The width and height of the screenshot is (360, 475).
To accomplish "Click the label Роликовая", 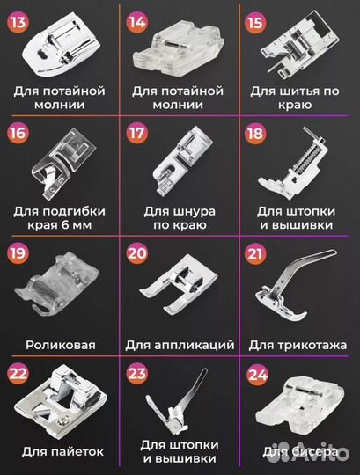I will click(x=60, y=346).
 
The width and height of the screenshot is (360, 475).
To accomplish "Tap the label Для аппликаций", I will click(x=180, y=346).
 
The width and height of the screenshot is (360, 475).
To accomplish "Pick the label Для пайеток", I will click(x=60, y=452).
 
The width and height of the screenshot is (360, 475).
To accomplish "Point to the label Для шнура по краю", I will click(x=180, y=218).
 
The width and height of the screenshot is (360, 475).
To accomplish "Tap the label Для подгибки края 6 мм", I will click(x=60, y=218).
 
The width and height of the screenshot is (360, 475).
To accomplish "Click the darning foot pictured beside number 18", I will click(x=299, y=164).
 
